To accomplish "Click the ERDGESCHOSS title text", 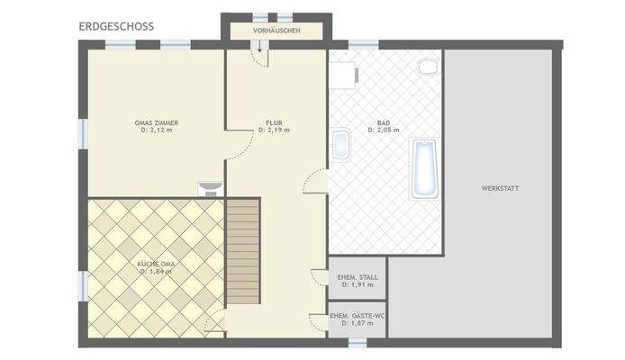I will [116, 26].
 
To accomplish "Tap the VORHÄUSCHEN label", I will [276, 31].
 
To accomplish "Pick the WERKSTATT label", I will [500, 188].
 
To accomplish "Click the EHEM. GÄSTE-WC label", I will [357, 316].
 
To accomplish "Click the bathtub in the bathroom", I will [424, 168].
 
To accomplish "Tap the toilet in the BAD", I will [428, 66].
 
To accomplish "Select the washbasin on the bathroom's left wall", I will [340, 145].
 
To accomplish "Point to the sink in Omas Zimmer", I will [209, 187].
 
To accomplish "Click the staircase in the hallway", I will [241, 252].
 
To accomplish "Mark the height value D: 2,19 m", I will [274, 130].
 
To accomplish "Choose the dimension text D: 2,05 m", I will [384, 130].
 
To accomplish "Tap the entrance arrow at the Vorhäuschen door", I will [261, 49].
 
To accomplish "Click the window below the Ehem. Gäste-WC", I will [358, 342].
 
